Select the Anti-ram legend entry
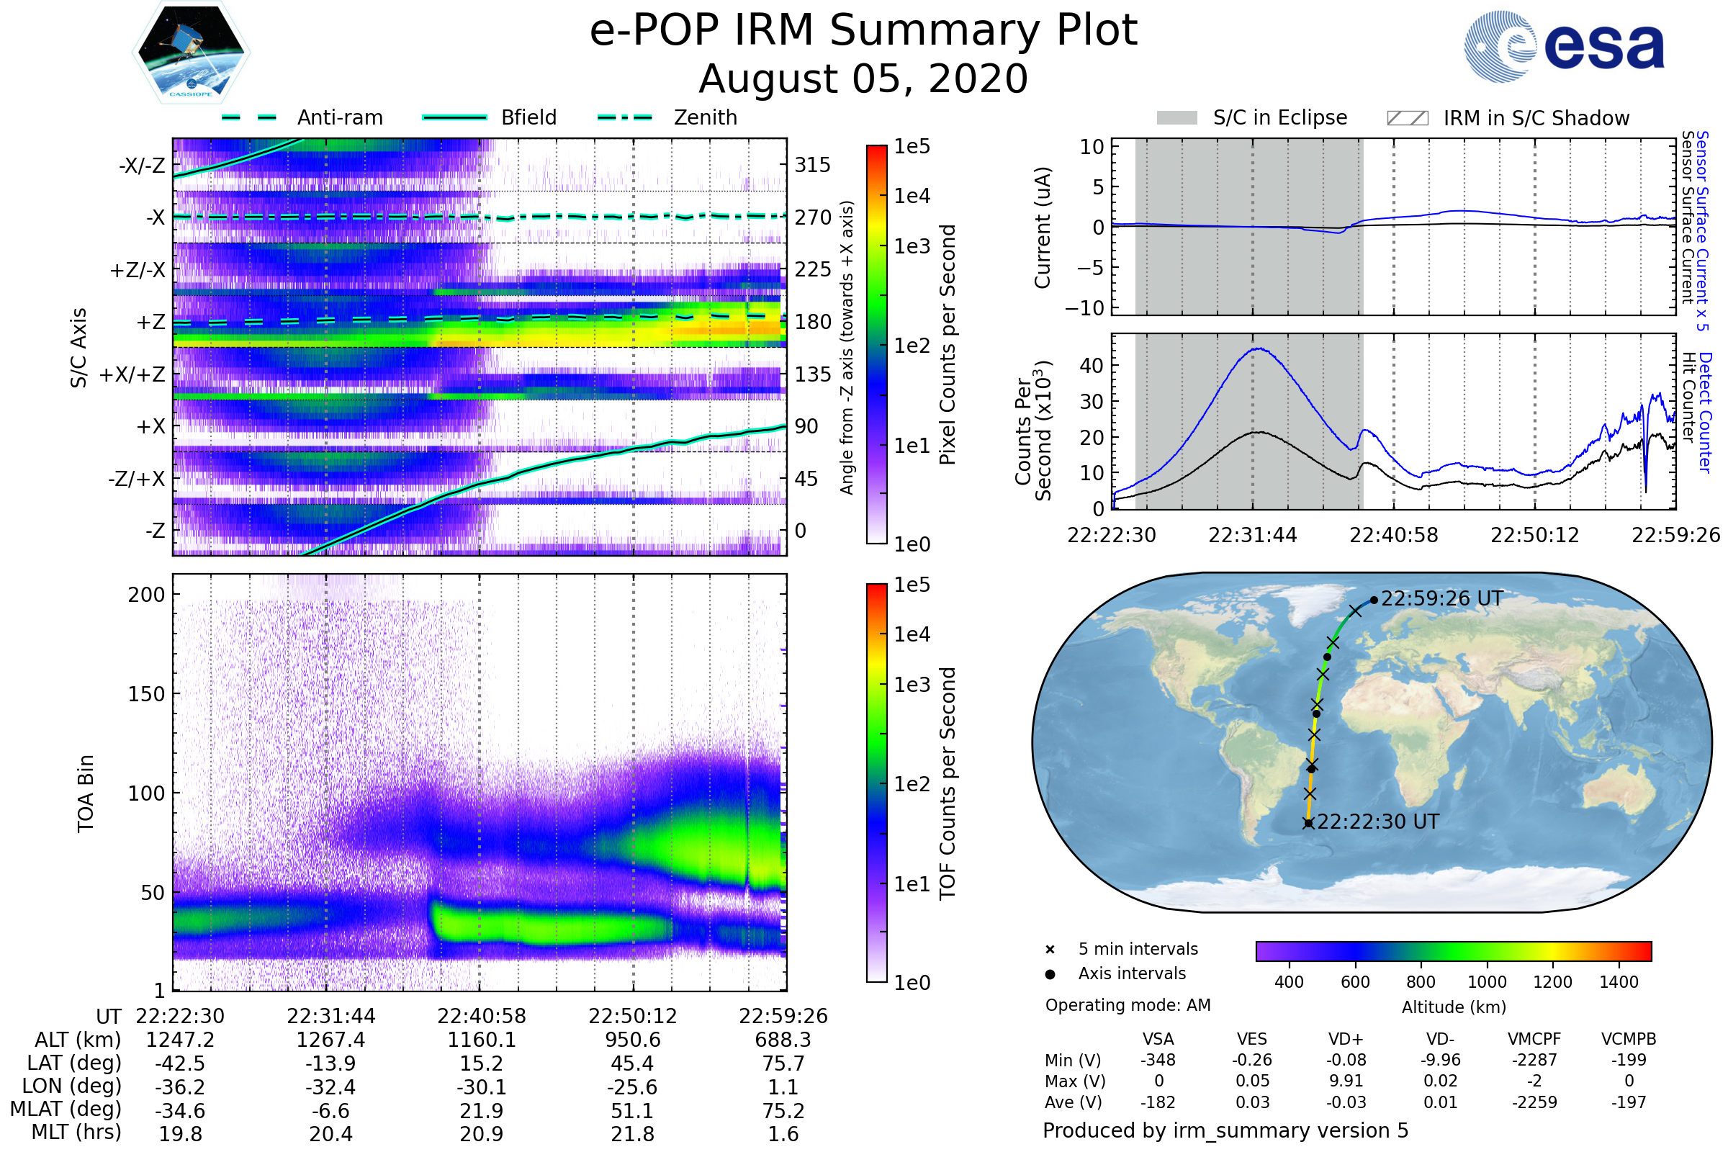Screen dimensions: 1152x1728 point(339,117)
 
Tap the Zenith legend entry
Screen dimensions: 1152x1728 point(705,117)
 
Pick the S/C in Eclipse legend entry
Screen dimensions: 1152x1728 point(1279,117)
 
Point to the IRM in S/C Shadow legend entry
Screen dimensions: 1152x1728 point(1536,118)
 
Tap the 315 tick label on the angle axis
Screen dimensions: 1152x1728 point(812,165)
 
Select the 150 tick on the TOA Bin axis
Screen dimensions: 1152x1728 point(146,694)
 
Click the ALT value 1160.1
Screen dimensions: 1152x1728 point(481,1040)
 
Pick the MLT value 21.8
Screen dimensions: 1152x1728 point(632,1133)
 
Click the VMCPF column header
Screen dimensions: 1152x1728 point(1534,1039)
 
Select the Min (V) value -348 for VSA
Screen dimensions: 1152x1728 point(1158,1060)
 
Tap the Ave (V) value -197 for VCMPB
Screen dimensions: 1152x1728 point(1629,1102)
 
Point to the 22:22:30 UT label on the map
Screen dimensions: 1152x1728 point(1377,822)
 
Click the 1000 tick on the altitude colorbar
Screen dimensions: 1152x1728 point(1486,982)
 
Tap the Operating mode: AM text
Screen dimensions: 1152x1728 point(1128,1005)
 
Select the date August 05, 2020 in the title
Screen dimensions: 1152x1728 point(863,78)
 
